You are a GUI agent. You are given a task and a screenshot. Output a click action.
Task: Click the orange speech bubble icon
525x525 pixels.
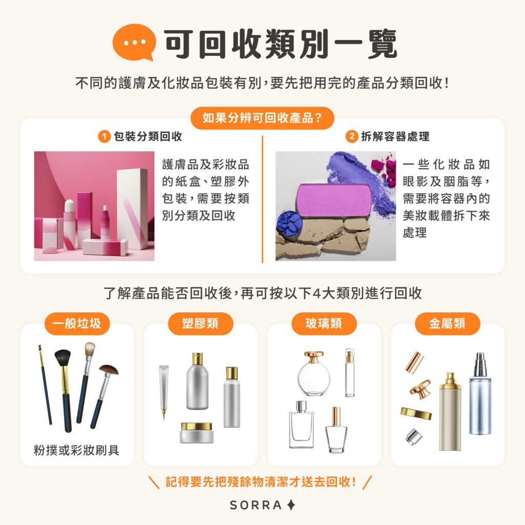pyautogui.click(x=133, y=42)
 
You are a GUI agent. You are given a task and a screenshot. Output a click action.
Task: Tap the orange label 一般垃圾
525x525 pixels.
pyautogui.click(x=77, y=324)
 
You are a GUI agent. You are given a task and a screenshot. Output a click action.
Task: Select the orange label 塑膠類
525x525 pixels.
pyautogui.click(x=200, y=324)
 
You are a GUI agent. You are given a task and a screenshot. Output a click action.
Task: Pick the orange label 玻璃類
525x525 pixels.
pyautogui.click(x=324, y=324)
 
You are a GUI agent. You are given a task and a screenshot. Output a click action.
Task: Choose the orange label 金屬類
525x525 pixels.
pyautogui.click(x=447, y=324)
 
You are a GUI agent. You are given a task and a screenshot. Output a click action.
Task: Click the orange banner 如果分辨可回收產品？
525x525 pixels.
pyautogui.click(x=262, y=118)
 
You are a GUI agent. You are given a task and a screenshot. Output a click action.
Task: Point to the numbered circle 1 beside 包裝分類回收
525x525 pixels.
pyautogui.click(x=104, y=137)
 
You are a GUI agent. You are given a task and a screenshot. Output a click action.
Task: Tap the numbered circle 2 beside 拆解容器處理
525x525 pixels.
pyautogui.click(x=352, y=137)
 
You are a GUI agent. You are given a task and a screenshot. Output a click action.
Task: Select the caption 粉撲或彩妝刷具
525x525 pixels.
pyautogui.click(x=77, y=450)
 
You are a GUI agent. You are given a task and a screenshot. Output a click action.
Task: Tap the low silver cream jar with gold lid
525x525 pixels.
pyautogui.click(x=196, y=433)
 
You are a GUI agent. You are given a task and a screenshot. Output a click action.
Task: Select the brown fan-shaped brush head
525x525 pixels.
pyautogui.click(x=109, y=370)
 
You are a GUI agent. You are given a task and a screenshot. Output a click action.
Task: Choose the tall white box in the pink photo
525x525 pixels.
pyautogui.click(x=132, y=208)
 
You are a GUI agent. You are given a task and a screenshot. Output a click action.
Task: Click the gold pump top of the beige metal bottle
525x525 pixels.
pyautogui.click(x=450, y=380)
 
